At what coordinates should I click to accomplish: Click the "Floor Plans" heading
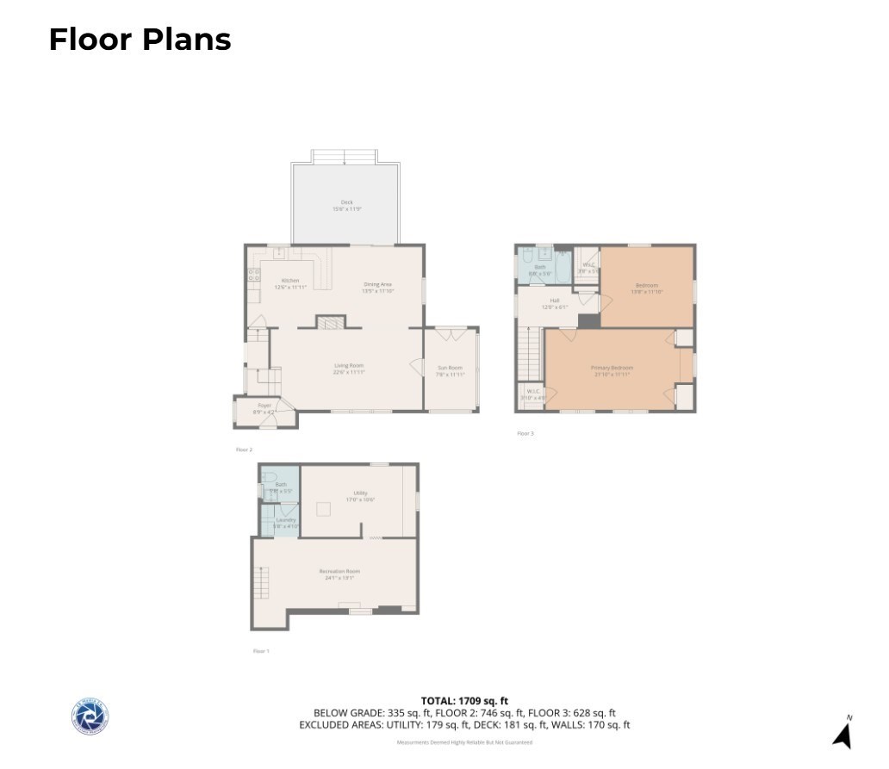click(x=140, y=40)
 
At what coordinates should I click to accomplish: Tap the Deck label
click(x=346, y=205)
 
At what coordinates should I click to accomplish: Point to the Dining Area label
click(x=377, y=287)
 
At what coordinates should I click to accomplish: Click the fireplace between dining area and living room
click(x=329, y=322)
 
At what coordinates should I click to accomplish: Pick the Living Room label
click(x=349, y=369)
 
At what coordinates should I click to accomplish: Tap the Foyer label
click(x=264, y=408)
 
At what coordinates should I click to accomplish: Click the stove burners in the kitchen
click(x=254, y=276)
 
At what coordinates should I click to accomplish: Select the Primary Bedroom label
click(x=612, y=370)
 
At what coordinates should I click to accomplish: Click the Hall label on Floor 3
click(x=555, y=303)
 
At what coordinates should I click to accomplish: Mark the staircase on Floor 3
click(x=529, y=353)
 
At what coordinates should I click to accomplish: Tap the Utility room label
click(x=360, y=495)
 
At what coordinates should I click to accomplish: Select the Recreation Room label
click(x=339, y=574)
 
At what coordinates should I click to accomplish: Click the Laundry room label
click(x=285, y=523)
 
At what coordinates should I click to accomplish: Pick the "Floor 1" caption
click(x=261, y=651)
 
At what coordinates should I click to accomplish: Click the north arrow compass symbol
click(x=842, y=733)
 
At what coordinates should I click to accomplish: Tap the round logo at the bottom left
click(x=90, y=716)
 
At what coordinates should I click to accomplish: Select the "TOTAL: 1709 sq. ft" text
click(x=464, y=701)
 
